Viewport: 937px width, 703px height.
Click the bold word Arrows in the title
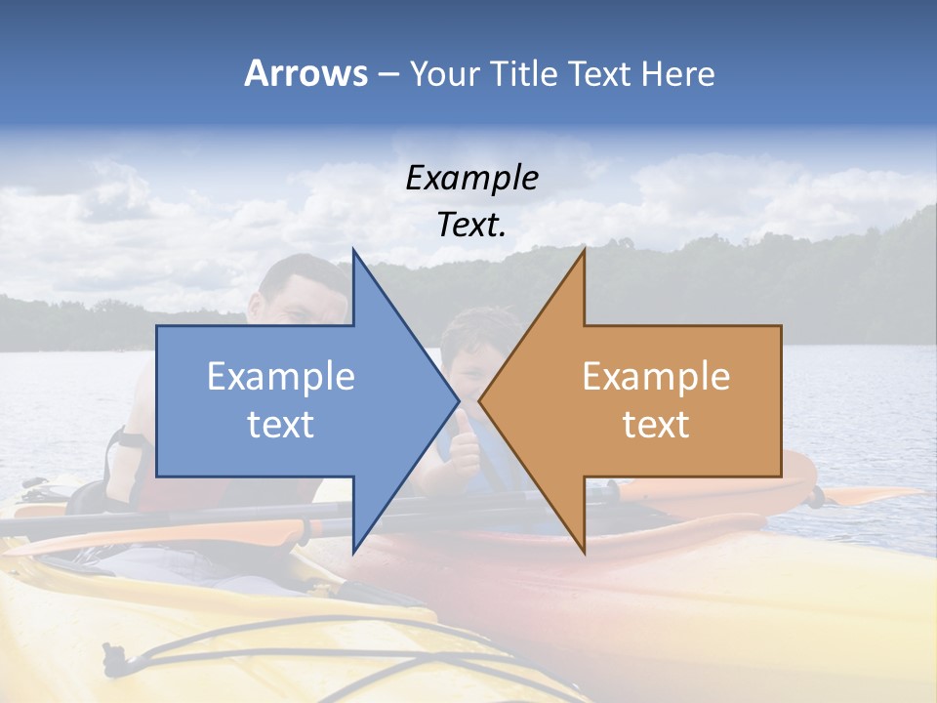pyautogui.click(x=306, y=73)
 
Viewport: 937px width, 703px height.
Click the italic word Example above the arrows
pyautogui.click(x=471, y=179)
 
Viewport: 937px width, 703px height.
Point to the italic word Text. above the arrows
pyautogui.click(x=471, y=225)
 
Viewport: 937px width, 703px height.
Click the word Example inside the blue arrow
pyautogui.click(x=281, y=377)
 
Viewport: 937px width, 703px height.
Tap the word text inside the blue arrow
pyautogui.click(x=281, y=424)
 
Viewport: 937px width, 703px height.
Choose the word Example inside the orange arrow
pyautogui.click(x=656, y=377)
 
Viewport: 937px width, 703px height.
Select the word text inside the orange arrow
pyautogui.click(x=656, y=424)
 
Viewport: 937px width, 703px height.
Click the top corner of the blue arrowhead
pyautogui.click(x=354, y=251)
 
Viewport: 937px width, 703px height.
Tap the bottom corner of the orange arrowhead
pyautogui.click(x=584, y=552)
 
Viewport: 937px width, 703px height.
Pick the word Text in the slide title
pyautogui.click(x=597, y=73)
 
